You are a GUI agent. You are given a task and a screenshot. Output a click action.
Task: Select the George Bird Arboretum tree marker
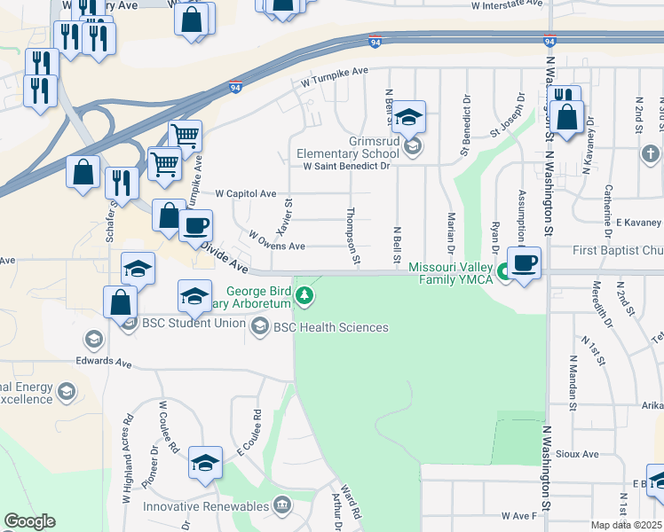click(x=304, y=295)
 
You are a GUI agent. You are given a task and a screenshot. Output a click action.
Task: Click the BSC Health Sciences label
click(x=330, y=327)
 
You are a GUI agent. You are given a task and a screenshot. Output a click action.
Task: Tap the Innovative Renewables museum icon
click(x=282, y=506)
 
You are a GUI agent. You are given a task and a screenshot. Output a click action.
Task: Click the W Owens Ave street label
click(x=277, y=240)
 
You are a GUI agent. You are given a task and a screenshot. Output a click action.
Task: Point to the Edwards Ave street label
click(x=103, y=362)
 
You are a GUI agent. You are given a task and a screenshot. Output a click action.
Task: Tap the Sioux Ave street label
click(x=579, y=454)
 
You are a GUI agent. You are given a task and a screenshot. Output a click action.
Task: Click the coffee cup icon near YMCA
click(x=525, y=263)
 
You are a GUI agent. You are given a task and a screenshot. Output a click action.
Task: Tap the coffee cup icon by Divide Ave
click(x=195, y=224)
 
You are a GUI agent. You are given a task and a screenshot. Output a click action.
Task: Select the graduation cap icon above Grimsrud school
click(x=408, y=117)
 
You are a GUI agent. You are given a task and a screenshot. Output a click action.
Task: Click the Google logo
click(x=29, y=521)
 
